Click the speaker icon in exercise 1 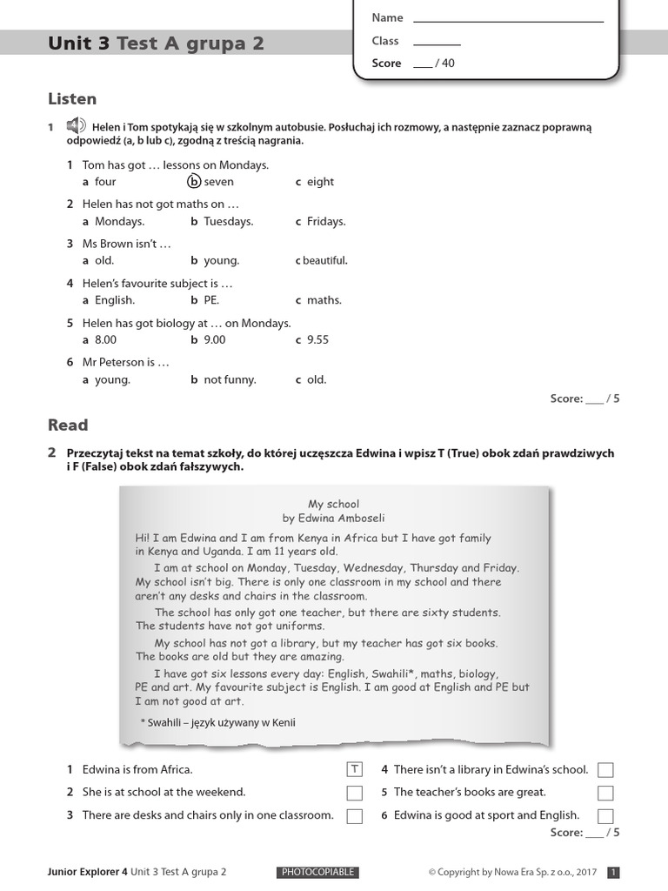(x=75, y=126)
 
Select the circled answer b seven (x=194, y=182)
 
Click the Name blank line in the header (x=508, y=18)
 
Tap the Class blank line (x=437, y=42)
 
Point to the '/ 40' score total (x=444, y=64)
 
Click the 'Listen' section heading (x=72, y=99)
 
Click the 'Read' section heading (x=68, y=425)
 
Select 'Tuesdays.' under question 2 (x=228, y=222)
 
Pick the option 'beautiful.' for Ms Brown (x=324, y=261)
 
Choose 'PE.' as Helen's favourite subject (x=211, y=300)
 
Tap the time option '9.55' (x=317, y=340)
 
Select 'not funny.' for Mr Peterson (x=230, y=379)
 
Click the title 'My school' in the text (x=333, y=504)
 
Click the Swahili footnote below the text (x=218, y=721)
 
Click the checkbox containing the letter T (x=354, y=769)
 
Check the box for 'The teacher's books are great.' (x=605, y=793)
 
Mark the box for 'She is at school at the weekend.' (x=354, y=793)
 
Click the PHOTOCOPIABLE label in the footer (x=317, y=872)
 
